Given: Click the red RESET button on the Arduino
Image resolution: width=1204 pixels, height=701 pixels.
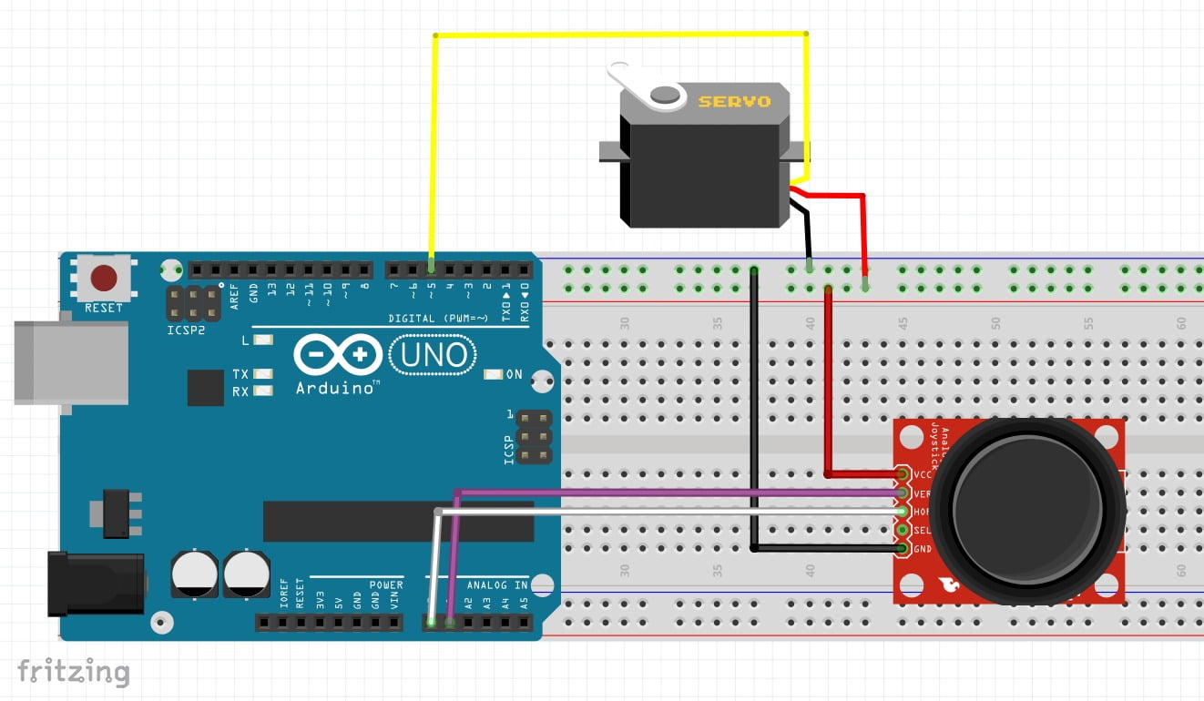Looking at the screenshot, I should click(104, 277).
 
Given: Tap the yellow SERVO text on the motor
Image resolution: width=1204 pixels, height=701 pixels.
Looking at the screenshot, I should click(734, 101).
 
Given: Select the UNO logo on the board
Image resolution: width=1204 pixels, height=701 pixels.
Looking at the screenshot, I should click(434, 355).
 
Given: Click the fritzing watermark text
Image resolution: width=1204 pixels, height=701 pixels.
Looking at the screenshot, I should click(73, 671).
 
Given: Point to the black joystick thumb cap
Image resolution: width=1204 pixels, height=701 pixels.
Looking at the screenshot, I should click(1026, 510).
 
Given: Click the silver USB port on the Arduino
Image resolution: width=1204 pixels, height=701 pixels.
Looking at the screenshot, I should click(70, 361).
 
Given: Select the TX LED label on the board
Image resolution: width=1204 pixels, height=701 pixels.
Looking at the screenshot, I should click(240, 374).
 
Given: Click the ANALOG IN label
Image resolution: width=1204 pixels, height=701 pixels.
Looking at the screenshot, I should click(497, 585).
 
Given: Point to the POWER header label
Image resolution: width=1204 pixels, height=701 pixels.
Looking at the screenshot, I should click(386, 585).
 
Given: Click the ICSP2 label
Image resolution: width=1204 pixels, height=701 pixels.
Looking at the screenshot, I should click(186, 330).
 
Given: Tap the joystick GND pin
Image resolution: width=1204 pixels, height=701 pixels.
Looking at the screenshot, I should click(903, 549).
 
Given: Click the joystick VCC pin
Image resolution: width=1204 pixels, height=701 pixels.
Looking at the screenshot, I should click(903, 475).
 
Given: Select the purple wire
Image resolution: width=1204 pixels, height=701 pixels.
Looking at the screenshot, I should click(674, 493).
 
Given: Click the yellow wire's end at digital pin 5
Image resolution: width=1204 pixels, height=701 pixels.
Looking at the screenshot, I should click(432, 268).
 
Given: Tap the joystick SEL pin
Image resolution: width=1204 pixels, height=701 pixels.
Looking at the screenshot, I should click(903, 530).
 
